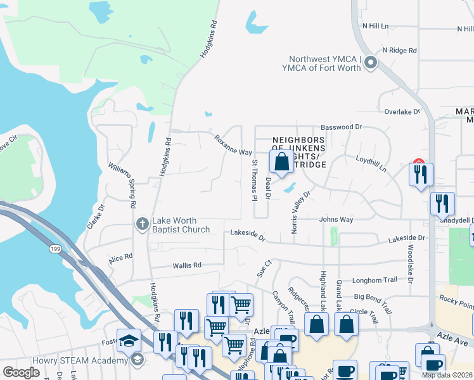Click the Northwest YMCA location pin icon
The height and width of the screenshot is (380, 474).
pyautogui.click(x=370, y=63)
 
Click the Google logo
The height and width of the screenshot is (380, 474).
pyautogui.click(x=22, y=372)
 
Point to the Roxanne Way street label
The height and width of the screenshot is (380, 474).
pyautogui.click(x=233, y=145)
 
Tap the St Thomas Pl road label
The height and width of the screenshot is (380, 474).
pyautogui.click(x=254, y=180)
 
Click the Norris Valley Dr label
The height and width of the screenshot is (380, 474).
pyautogui.click(x=300, y=212)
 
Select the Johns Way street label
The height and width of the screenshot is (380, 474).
pyautogui.click(x=336, y=220)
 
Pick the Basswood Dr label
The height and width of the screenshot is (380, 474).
pyautogui.click(x=341, y=127)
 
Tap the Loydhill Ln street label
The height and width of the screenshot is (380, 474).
pyautogui.click(x=371, y=164)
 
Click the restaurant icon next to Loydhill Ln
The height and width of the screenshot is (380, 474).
pyautogui.click(x=421, y=174)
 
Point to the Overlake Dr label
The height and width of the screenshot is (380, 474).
pyautogui.click(x=402, y=111)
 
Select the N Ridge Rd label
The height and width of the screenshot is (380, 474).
pyautogui.click(x=399, y=50)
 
